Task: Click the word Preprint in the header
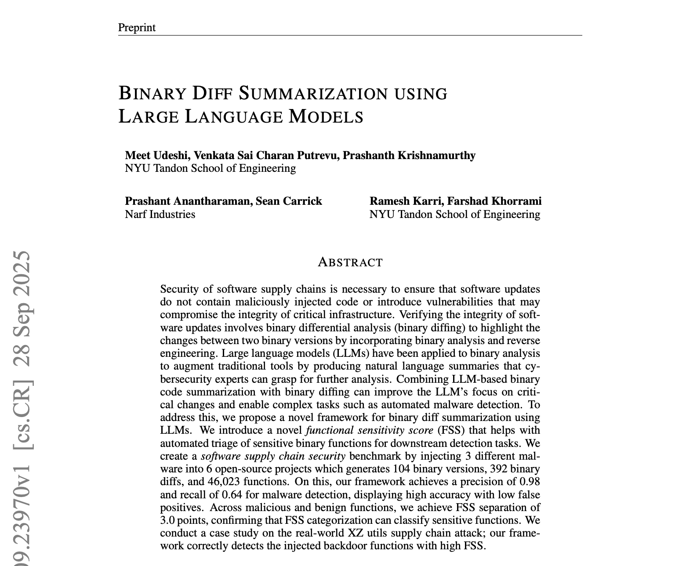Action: tap(137, 28)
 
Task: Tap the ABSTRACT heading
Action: tap(350, 262)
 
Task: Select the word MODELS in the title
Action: tap(326, 116)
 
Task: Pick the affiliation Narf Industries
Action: tap(160, 214)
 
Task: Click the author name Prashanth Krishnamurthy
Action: tap(409, 156)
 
